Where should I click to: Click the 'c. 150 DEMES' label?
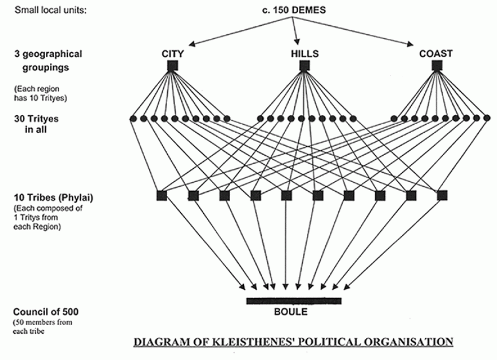(294, 10)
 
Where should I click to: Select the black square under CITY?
(172, 66)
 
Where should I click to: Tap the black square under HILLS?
(305, 66)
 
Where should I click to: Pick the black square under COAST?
(436, 66)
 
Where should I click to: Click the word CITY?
(172, 54)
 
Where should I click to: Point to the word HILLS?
(305, 54)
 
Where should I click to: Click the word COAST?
(436, 54)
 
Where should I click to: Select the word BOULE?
(291, 312)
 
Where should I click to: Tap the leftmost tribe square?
(161, 196)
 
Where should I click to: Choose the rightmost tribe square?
(441, 196)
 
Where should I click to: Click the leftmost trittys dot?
(133, 119)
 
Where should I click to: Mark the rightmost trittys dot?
(487, 118)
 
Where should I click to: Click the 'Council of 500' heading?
(46, 312)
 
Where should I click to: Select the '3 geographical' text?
(48, 54)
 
